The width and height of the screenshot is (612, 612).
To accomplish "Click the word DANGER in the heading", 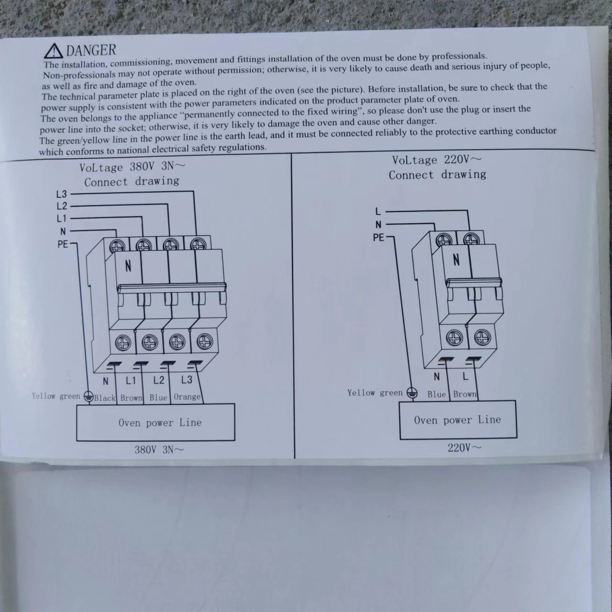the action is click(x=91, y=50).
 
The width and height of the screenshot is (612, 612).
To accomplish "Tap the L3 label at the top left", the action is click(x=62, y=194).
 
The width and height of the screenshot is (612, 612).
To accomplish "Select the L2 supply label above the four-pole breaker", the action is click(x=62, y=206).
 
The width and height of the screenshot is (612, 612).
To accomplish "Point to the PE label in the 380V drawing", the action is click(x=63, y=244).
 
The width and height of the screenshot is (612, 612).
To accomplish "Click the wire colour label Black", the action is click(x=105, y=397).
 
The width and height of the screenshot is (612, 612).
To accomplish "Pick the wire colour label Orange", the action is click(x=187, y=397).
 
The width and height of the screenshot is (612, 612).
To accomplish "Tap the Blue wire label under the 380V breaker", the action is click(x=158, y=397).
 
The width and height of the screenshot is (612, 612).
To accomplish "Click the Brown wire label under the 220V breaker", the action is click(x=465, y=394).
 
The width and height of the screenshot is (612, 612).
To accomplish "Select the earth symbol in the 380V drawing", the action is click(x=88, y=396).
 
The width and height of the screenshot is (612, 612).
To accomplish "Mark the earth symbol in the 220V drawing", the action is click(x=411, y=393).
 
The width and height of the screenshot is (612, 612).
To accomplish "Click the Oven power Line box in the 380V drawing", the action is click(x=155, y=422).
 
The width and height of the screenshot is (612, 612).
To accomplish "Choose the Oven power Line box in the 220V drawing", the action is click(x=458, y=420).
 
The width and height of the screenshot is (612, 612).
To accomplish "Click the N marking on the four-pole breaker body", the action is click(x=128, y=265).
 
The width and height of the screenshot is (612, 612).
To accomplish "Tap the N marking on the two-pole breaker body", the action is click(x=456, y=260).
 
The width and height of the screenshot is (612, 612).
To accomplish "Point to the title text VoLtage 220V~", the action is click(x=437, y=160).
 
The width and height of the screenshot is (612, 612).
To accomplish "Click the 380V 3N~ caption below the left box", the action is click(x=159, y=449).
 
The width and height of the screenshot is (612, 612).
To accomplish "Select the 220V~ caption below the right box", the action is click(x=464, y=448).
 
